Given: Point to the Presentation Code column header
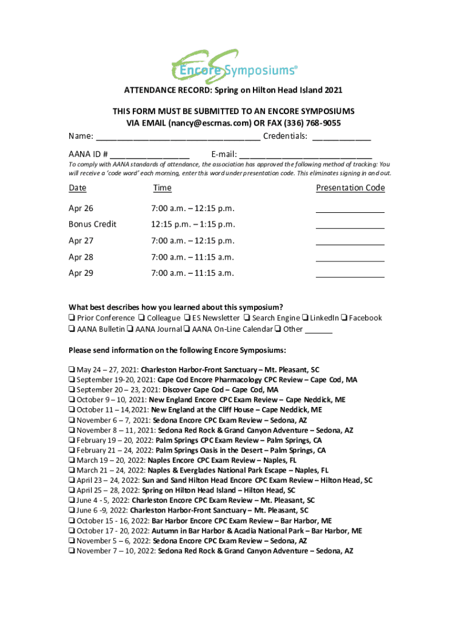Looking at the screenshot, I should click(x=350, y=188).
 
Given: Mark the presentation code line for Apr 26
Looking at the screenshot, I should click(x=350, y=210).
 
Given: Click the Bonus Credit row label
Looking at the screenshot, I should click(x=92, y=224).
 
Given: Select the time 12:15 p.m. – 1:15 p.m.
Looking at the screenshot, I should click(x=192, y=224).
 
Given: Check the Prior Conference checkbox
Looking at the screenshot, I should click(x=72, y=318).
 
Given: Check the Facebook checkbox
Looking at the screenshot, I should click(x=344, y=318).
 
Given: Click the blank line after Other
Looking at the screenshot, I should click(x=318, y=331).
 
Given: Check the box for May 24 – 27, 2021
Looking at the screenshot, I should click(x=72, y=369).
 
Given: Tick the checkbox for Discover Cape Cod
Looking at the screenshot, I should click(x=72, y=390).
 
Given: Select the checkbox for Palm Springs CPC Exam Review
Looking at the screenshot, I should click(x=72, y=440).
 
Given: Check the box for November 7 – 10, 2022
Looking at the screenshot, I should click(x=72, y=551).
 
